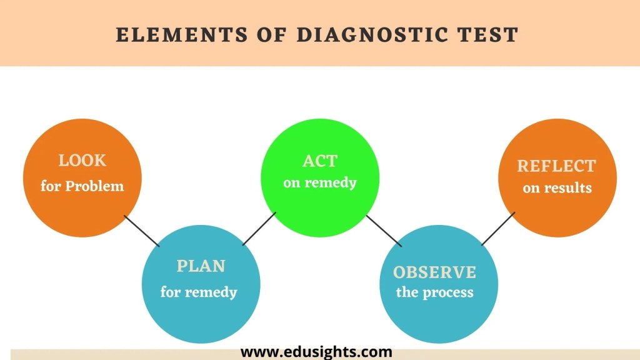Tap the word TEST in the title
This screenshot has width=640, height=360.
[x=488, y=34]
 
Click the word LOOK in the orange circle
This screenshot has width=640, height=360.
[x=82, y=161]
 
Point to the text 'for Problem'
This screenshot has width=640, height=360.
[x=82, y=186]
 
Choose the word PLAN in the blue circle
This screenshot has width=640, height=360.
[x=201, y=266]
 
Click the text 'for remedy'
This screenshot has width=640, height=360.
[x=199, y=292]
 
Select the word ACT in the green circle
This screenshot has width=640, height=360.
[x=319, y=161]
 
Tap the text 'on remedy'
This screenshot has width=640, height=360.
[x=319, y=183]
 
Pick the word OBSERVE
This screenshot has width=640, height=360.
[x=434, y=272]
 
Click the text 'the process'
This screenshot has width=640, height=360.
[x=434, y=292]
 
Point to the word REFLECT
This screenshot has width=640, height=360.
[x=556, y=166]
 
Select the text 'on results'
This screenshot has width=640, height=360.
[x=557, y=188]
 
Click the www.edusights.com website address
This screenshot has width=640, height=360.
[x=316, y=352]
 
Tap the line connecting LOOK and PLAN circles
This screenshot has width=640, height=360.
[x=141, y=231]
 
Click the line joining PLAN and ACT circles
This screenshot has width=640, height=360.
[x=259, y=229]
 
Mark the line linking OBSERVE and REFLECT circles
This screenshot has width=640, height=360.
[x=498, y=229]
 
